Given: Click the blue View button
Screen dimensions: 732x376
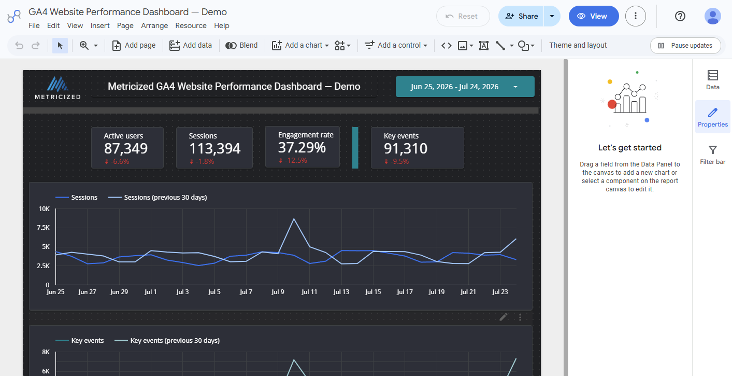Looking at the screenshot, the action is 594,16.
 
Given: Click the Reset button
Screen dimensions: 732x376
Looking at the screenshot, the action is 463,16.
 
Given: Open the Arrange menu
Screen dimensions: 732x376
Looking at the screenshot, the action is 154,25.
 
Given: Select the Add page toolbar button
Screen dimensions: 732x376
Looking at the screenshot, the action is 134,45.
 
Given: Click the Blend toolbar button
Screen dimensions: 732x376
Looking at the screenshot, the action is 241,45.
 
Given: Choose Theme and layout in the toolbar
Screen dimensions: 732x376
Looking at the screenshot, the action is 578,45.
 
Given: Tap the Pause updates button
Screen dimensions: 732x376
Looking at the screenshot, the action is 685,46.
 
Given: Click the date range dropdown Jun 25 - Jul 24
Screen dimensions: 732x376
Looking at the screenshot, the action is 465,87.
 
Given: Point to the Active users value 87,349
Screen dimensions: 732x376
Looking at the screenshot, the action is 126,148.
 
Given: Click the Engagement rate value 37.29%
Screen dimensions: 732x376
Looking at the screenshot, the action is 302,148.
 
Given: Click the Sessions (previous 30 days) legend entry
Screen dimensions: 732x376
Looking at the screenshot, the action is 157,197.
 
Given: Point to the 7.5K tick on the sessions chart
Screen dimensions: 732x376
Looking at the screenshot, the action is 43,228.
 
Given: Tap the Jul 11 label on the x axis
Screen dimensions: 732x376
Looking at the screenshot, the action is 309,291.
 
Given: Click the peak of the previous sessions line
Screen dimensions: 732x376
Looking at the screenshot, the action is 294,218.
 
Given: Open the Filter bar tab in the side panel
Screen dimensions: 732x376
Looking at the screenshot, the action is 712,155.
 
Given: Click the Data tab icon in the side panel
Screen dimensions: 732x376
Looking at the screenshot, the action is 712,75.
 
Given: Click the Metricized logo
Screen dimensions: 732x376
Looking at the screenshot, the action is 58,88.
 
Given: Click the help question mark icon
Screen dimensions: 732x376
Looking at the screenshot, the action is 680,16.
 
